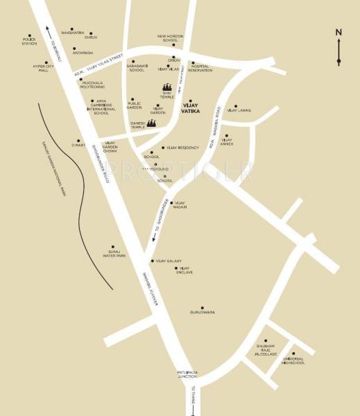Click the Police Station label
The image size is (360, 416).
pos(29,42)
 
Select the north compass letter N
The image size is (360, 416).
pos(338,32)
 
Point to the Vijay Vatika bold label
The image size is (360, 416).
pos(190,110)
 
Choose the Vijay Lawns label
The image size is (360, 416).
pos(239,110)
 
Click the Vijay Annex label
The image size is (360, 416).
pos(227,142)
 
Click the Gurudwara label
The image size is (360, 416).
pos(203,312)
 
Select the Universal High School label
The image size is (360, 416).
pos(293,361)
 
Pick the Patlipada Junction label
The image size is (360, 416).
pos(187,375)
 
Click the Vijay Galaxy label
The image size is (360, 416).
pos(169,261)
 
